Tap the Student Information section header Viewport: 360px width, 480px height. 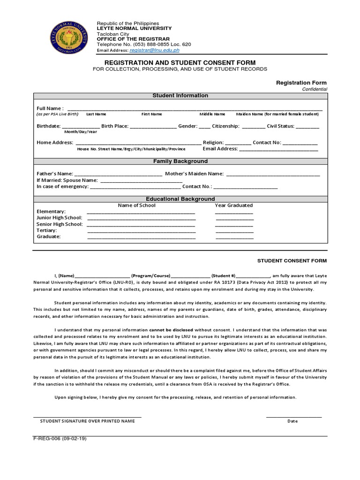(180, 96)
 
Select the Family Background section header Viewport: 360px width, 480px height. (180, 161)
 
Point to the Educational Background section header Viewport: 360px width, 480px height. (180, 199)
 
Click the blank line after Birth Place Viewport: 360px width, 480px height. (153, 127)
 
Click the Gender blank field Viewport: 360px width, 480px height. (204, 127)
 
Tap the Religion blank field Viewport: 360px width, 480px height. (238, 143)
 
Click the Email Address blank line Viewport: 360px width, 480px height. (279, 150)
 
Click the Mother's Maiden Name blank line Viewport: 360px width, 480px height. (273, 174)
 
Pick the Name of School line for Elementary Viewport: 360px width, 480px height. (141, 212)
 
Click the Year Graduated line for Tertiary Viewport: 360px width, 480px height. (234, 231)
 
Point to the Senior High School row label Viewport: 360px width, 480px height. (60, 224)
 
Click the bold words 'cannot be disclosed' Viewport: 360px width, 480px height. (171, 330)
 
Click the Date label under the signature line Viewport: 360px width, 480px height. (292, 421)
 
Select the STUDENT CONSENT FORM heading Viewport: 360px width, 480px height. (292, 261)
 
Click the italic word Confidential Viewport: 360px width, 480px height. (315, 89)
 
